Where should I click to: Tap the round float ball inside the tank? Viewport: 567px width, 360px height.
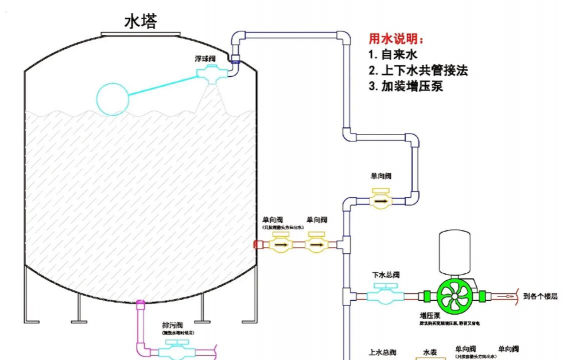pyautogui.click(x=119, y=97)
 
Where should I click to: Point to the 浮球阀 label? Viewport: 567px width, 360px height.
pyautogui.click(x=206, y=59)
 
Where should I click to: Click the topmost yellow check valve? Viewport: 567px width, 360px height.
pyautogui.click(x=380, y=201)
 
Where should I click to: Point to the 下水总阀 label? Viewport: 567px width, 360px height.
pyautogui.click(x=385, y=275)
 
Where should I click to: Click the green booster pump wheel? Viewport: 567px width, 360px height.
pyautogui.click(x=458, y=295)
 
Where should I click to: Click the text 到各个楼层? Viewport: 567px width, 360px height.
pyautogui.click(x=542, y=296)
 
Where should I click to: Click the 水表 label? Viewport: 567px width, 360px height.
pyautogui.click(x=430, y=352)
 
